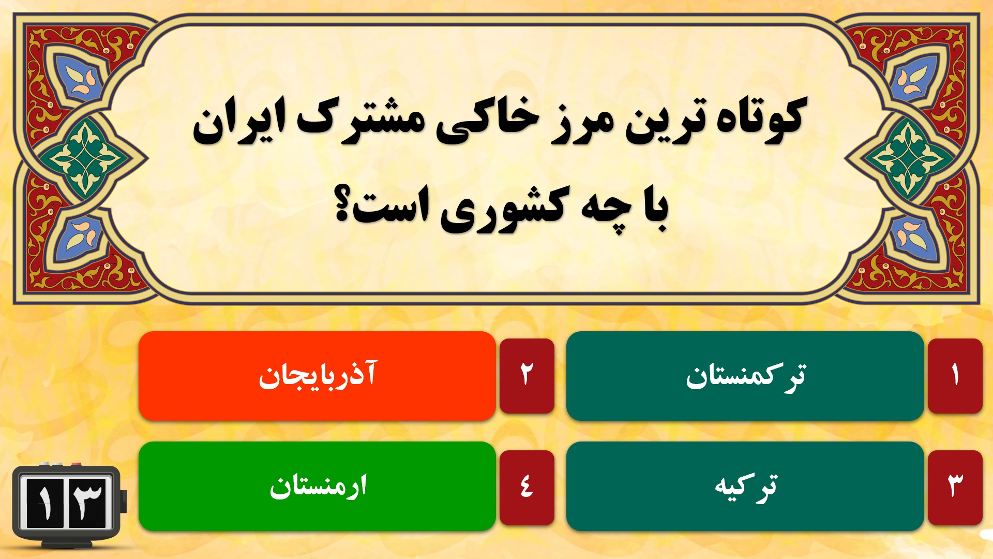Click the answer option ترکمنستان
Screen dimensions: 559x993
[745, 376]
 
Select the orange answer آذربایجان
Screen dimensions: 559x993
[317, 376]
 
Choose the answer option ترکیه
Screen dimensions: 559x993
[745, 487]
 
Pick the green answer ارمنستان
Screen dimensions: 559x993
[317, 487]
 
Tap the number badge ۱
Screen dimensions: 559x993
[955, 376]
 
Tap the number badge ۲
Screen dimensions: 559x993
[526, 376]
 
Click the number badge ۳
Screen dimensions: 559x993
[955, 487]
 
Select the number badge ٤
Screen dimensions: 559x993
[526, 487]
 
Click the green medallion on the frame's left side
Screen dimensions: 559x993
[86, 158]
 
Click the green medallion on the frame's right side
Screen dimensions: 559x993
[907, 158]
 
